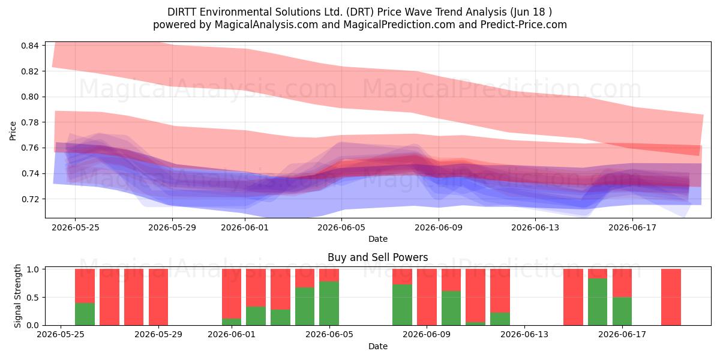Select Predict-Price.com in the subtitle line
[x=524, y=25]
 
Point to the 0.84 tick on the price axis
[x=29, y=46]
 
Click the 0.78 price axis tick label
[x=29, y=122]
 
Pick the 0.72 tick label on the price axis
[x=29, y=199]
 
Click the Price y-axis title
[x=13, y=131]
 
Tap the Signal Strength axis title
[x=17, y=296]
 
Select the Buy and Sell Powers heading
[x=377, y=257]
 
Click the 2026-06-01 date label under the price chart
[x=245, y=227]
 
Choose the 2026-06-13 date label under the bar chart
[x=524, y=334]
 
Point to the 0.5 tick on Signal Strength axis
[x=33, y=298]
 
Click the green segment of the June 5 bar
[x=329, y=304]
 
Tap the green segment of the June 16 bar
[x=598, y=302]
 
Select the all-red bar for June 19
[x=671, y=297]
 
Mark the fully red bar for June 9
[x=427, y=297]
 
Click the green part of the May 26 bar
[x=85, y=314]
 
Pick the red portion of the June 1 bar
[x=232, y=294]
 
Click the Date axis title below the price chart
[x=377, y=239]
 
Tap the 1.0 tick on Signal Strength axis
[x=33, y=269]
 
